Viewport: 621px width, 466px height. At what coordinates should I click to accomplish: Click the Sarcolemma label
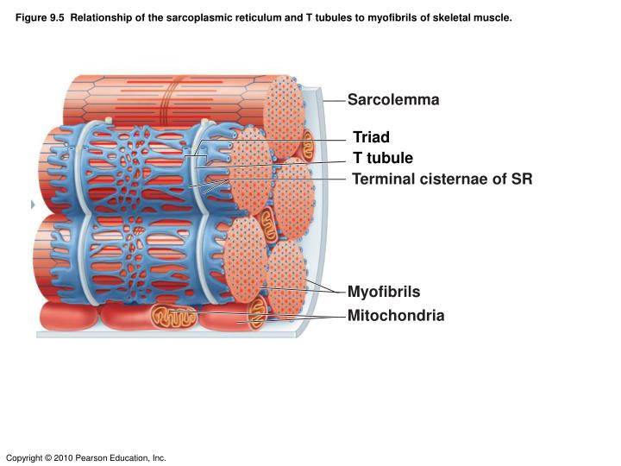[393, 100]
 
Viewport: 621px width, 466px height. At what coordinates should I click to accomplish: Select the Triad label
[371, 137]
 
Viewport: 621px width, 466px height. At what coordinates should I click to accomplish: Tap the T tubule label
[383, 158]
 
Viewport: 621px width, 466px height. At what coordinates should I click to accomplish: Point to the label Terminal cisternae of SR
[442, 179]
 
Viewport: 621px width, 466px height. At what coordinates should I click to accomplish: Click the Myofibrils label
[384, 292]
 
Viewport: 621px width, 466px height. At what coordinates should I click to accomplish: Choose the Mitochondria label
[396, 316]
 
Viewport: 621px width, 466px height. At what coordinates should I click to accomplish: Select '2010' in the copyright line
[63, 457]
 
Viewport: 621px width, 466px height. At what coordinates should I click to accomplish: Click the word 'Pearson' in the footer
[93, 457]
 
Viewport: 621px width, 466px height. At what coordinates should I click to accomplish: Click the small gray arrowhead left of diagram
[32, 205]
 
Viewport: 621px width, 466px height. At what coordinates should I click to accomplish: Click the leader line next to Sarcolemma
[336, 100]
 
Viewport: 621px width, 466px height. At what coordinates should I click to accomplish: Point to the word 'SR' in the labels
[521, 179]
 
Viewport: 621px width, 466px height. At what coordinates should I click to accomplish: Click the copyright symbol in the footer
[48, 457]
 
